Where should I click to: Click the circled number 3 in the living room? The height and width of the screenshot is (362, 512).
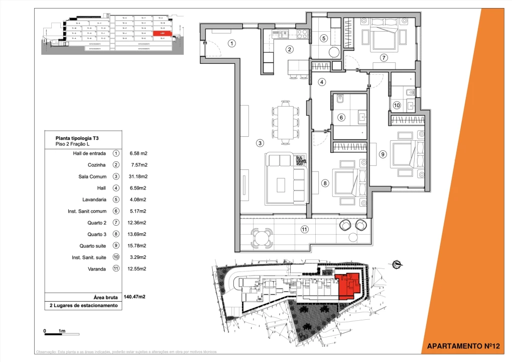tap(260, 143)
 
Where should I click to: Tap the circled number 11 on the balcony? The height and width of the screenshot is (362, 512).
tap(304, 230)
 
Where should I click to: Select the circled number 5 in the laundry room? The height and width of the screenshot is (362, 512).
tap(324, 38)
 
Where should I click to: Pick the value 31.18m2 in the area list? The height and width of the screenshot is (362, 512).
tap(137, 176)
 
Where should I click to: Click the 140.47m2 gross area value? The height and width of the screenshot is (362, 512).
tap(134, 297)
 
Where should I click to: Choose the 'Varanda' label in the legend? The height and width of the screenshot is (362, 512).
tap(96, 269)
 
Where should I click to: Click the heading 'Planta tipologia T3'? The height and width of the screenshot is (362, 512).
tap(76, 137)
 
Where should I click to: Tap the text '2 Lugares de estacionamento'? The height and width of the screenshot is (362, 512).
tap(83, 305)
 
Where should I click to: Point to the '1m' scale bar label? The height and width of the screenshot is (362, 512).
tap(62, 331)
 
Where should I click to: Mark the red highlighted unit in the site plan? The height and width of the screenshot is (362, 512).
tap(348, 287)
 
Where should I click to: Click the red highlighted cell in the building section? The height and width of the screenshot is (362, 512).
tap(163, 34)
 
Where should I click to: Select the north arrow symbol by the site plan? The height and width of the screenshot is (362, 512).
tap(397, 263)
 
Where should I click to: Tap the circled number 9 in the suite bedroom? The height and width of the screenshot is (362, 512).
tap(382, 154)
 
